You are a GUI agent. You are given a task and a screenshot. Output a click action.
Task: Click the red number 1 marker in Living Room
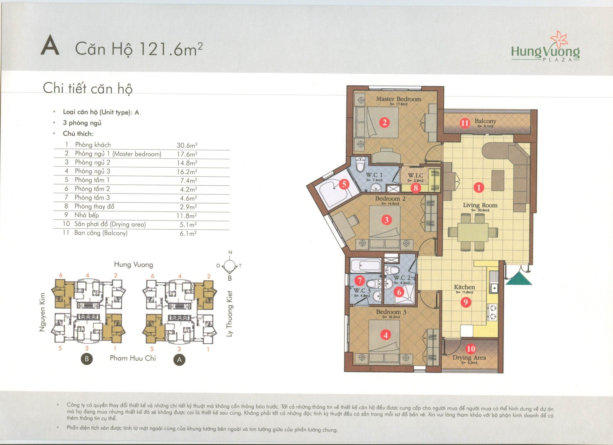click(478, 187)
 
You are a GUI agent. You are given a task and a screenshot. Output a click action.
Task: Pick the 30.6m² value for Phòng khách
click(187, 145)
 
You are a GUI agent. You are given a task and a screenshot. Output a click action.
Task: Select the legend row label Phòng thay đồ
click(95, 206)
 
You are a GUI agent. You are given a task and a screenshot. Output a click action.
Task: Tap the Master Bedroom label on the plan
click(399, 99)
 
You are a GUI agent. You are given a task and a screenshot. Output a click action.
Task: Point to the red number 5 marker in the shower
click(344, 184)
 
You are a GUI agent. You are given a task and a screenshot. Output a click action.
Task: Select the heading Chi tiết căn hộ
click(88, 89)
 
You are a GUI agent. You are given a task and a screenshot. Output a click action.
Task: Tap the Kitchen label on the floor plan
click(464, 287)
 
